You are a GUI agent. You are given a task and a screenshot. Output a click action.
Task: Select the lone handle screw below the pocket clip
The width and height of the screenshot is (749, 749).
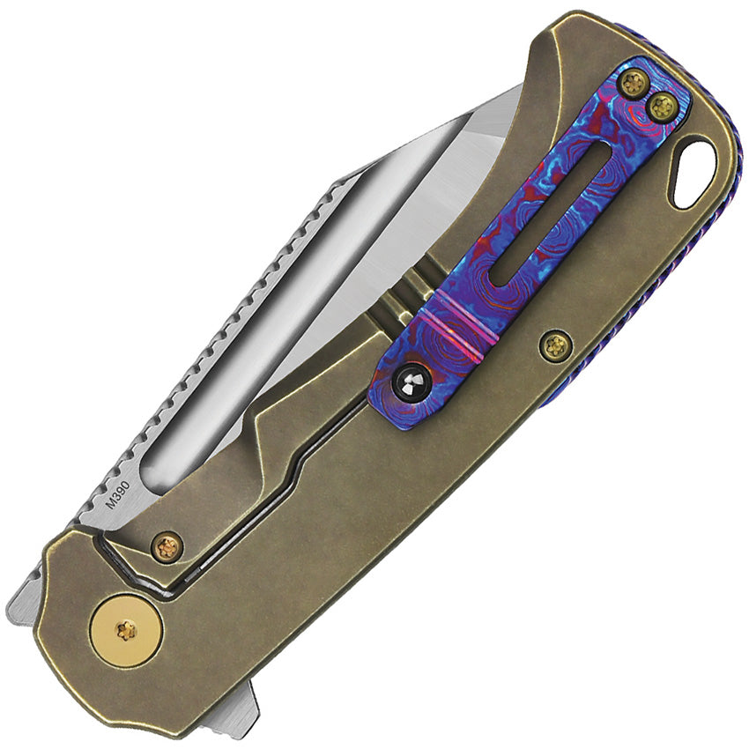555,345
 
